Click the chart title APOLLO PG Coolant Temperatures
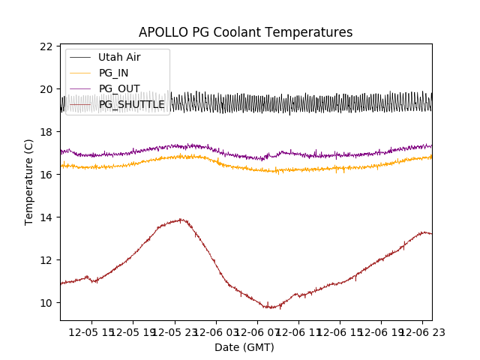[x=245, y=32]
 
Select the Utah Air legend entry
[x=118, y=57]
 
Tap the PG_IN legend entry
[x=113, y=73]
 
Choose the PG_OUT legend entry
[x=118, y=88]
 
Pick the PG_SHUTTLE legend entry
[x=131, y=104]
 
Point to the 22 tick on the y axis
[x=46, y=46]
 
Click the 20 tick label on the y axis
[x=46, y=89]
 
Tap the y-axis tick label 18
[x=46, y=132]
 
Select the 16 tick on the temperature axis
[x=46, y=175]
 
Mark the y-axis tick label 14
[x=46, y=217]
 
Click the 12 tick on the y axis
[x=46, y=260]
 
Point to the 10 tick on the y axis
[x=46, y=303]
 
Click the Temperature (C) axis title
[x=29, y=181]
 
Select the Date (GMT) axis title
[x=244, y=347]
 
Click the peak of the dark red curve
[x=180, y=219]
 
